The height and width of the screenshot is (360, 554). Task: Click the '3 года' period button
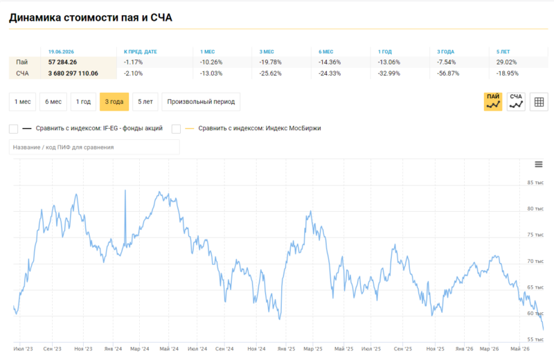(114, 102)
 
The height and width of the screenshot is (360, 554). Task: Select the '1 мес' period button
(22, 102)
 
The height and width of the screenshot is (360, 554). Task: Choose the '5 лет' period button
(145, 102)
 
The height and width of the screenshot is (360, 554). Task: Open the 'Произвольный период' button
(201, 102)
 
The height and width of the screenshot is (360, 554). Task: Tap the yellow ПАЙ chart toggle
(493, 102)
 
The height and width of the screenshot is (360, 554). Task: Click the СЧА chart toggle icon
(516, 102)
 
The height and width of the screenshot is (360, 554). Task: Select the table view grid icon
(539, 102)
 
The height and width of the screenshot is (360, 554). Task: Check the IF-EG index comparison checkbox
(13, 129)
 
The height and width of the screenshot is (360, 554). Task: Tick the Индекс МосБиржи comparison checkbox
(176, 129)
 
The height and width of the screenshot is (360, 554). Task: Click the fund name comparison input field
(94, 147)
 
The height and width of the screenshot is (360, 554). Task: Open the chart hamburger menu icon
(539, 164)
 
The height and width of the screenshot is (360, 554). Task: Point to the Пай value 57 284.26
(62, 62)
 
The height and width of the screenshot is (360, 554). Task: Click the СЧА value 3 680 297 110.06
(73, 73)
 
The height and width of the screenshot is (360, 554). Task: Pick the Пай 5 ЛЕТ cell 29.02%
(506, 62)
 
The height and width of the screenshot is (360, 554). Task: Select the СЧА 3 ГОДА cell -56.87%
(448, 73)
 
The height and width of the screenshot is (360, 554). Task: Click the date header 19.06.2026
(61, 52)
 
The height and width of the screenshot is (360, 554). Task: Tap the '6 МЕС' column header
(325, 52)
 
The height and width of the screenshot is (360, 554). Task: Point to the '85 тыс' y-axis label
(535, 183)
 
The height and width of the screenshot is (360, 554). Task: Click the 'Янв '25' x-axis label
(286, 349)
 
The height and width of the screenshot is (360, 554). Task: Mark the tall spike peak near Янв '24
(125, 190)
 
